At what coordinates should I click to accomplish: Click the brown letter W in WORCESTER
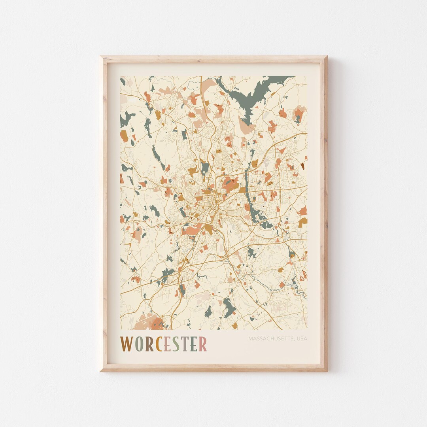click(x=127, y=344)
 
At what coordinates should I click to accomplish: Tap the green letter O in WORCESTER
click(x=139, y=344)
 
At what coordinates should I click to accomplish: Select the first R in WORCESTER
click(x=149, y=344)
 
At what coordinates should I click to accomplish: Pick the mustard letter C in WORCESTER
click(x=158, y=344)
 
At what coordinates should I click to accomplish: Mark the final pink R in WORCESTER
click(x=202, y=344)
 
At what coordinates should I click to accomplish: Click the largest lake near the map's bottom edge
click(x=229, y=306)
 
